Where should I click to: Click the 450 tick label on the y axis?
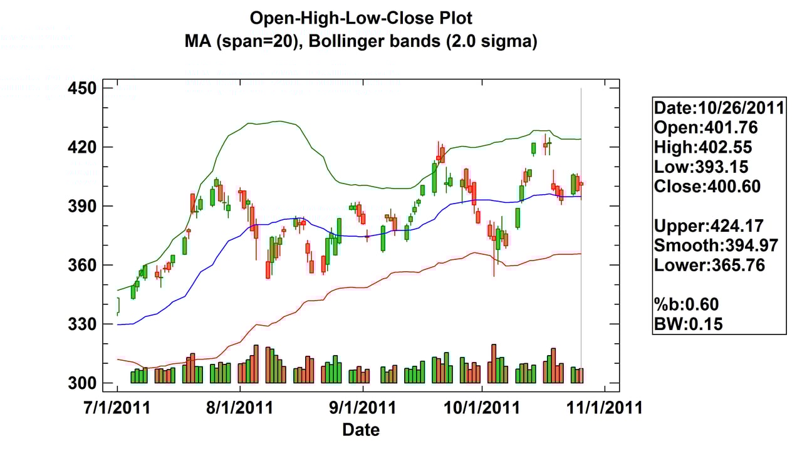(82, 88)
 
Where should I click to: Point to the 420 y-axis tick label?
(82, 147)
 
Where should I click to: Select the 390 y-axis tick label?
(82, 206)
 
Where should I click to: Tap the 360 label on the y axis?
(82, 265)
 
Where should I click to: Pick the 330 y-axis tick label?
(82, 324)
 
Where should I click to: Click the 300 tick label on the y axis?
(82, 383)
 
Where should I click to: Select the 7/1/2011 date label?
(117, 408)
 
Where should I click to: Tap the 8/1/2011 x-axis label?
(239, 408)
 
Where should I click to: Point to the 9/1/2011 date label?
(363, 408)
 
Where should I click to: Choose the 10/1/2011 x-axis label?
(482, 408)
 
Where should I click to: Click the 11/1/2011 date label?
(605, 408)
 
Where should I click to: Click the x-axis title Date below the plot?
(361, 430)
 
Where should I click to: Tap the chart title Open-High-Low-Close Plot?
(361, 18)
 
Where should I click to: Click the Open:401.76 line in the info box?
(706, 128)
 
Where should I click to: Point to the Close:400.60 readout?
(707, 187)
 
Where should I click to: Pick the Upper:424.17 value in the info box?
(709, 226)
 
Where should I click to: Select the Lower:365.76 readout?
(710, 265)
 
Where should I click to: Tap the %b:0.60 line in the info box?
(686, 304)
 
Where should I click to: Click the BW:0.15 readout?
(689, 324)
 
